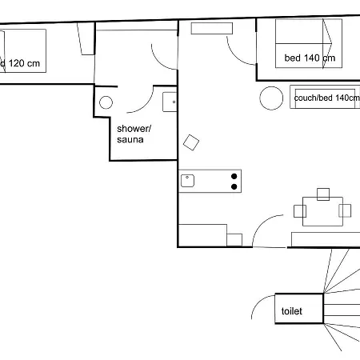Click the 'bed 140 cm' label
(x=309, y=58)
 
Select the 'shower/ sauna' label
(x=134, y=134)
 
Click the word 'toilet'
(x=291, y=310)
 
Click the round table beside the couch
(x=272, y=98)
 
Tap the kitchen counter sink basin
(x=187, y=181)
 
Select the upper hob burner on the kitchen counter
(x=234, y=176)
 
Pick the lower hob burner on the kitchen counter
(x=234, y=186)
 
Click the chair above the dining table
(x=323, y=194)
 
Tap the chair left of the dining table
(x=300, y=211)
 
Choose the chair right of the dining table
(x=346, y=211)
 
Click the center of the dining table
(x=323, y=211)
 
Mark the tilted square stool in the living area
(x=191, y=142)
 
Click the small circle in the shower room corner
(x=106, y=102)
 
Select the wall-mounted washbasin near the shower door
(x=170, y=102)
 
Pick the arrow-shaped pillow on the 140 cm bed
(x=327, y=34)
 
